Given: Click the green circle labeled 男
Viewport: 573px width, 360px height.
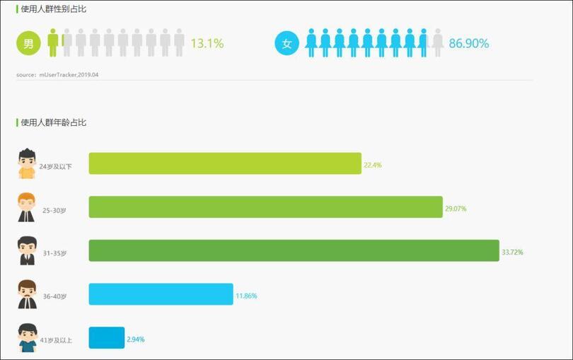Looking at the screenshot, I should [28, 43].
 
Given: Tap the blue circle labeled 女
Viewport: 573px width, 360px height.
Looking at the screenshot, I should [286, 43].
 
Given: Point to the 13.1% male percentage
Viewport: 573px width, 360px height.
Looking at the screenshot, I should [207, 43].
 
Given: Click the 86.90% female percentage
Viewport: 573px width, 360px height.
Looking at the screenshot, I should [469, 43].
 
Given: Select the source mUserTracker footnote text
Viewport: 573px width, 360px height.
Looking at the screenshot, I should [57, 74].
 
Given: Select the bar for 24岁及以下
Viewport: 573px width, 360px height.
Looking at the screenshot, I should [225, 163].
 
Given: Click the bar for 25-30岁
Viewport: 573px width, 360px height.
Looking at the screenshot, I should [265, 207].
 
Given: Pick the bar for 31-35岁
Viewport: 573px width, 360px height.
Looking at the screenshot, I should [294, 250].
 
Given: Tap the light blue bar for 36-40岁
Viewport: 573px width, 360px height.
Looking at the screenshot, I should [161, 294].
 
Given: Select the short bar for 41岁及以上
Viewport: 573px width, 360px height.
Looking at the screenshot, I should [106, 338].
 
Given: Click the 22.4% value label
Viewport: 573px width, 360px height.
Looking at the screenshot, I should [373, 165].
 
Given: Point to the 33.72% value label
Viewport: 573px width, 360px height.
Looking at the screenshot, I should [513, 252].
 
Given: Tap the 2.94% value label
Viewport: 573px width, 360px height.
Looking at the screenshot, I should [136, 339].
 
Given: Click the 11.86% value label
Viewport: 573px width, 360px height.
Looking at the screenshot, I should [246, 296].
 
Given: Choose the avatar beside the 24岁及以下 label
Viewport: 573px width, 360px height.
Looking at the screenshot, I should [27, 163].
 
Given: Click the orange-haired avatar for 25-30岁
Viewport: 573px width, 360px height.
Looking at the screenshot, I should [27, 207].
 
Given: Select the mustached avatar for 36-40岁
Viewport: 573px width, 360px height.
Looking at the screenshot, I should [27, 294].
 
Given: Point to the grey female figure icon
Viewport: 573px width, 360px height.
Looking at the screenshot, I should [438, 43].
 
